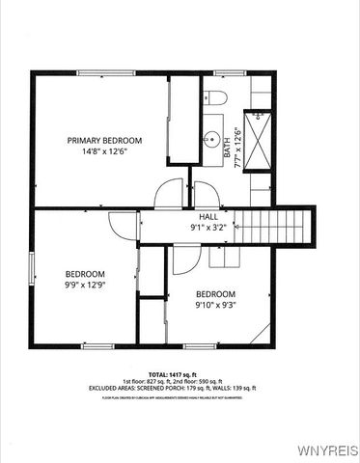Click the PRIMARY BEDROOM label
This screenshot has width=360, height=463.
pos(104,140)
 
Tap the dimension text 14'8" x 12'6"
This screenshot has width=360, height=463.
pos(104,150)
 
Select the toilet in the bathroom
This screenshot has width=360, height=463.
pos(214,95)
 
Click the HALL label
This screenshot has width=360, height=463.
pos(208,218)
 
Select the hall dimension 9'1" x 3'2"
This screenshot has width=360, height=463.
pos(208,229)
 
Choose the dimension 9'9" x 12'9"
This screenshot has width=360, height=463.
pos(85,285)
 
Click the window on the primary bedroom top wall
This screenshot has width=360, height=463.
pos(105,73)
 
